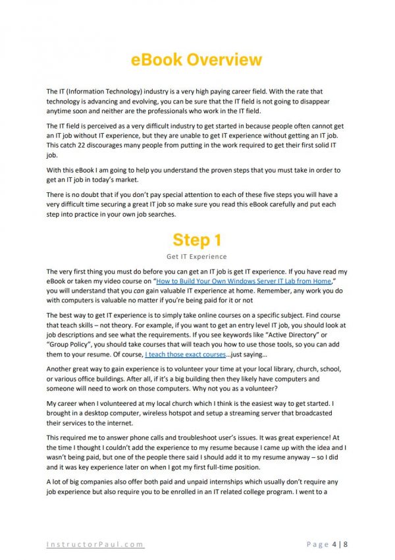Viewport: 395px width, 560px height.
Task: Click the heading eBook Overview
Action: pyautogui.click(x=197, y=60)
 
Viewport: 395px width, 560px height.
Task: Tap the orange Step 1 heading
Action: pyautogui.click(x=197, y=239)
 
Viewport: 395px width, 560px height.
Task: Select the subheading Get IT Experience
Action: pyautogui.click(x=197, y=256)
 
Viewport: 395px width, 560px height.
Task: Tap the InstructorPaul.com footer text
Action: pyautogui.click(x=95, y=544)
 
